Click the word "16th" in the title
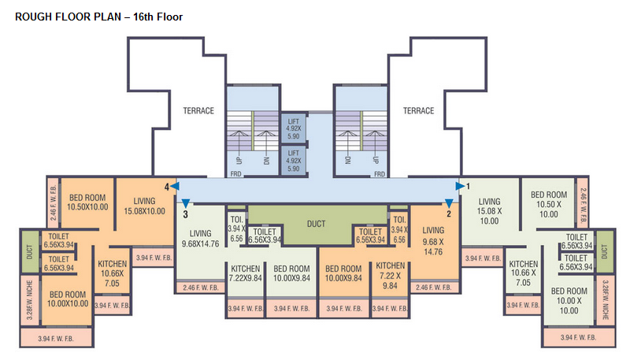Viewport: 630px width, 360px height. coord(128,16)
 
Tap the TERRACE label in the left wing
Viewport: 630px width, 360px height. coord(198,111)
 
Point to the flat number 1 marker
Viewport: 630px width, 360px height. coord(469,186)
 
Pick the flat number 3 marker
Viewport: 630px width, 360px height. coord(185,213)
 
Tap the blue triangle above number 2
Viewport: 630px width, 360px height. coord(449,203)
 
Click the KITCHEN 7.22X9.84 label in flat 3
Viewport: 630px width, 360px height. coord(244,273)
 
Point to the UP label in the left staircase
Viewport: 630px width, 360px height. coord(236,161)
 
